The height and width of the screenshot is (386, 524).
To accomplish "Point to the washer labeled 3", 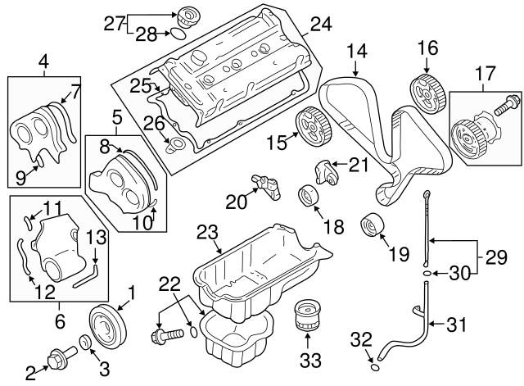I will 84,342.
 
